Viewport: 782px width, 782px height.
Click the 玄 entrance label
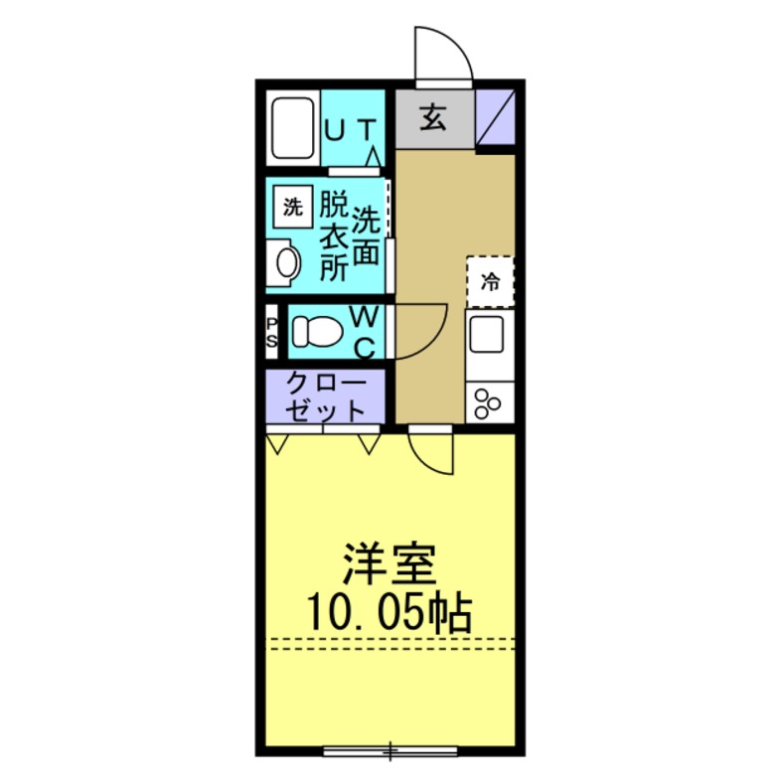click(x=433, y=118)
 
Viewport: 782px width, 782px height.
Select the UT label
click(x=351, y=129)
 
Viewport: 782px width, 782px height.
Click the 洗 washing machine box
click(x=292, y=208)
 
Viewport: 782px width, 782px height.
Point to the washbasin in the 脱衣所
click(x=285, y=263)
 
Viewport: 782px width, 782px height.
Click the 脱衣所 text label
click(x=333, y=236)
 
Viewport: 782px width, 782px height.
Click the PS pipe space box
click(x=272, y=331)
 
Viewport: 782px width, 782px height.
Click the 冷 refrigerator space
click(x=490, y=281)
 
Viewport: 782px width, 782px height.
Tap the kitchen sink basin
click(x=490, y=334)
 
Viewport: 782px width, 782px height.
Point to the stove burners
click(x=489, y=401)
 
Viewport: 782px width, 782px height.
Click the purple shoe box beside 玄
click(x=496, y=117)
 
